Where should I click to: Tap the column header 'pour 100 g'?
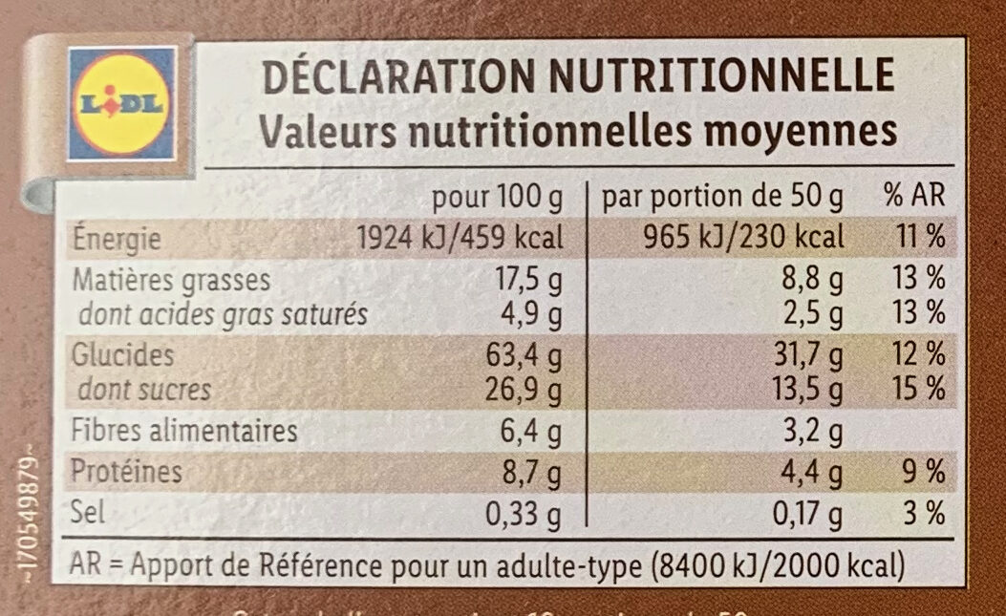(498, 198)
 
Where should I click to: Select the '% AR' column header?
(913, 198)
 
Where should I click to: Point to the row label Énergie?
(118, 239)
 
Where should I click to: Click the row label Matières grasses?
(171, 281)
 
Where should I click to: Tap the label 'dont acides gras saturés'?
(222, 314)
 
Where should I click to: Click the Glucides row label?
(124, 356)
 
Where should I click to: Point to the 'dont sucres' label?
(144, 390)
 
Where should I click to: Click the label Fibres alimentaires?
(185, 432)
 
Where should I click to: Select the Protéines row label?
(128, 473)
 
